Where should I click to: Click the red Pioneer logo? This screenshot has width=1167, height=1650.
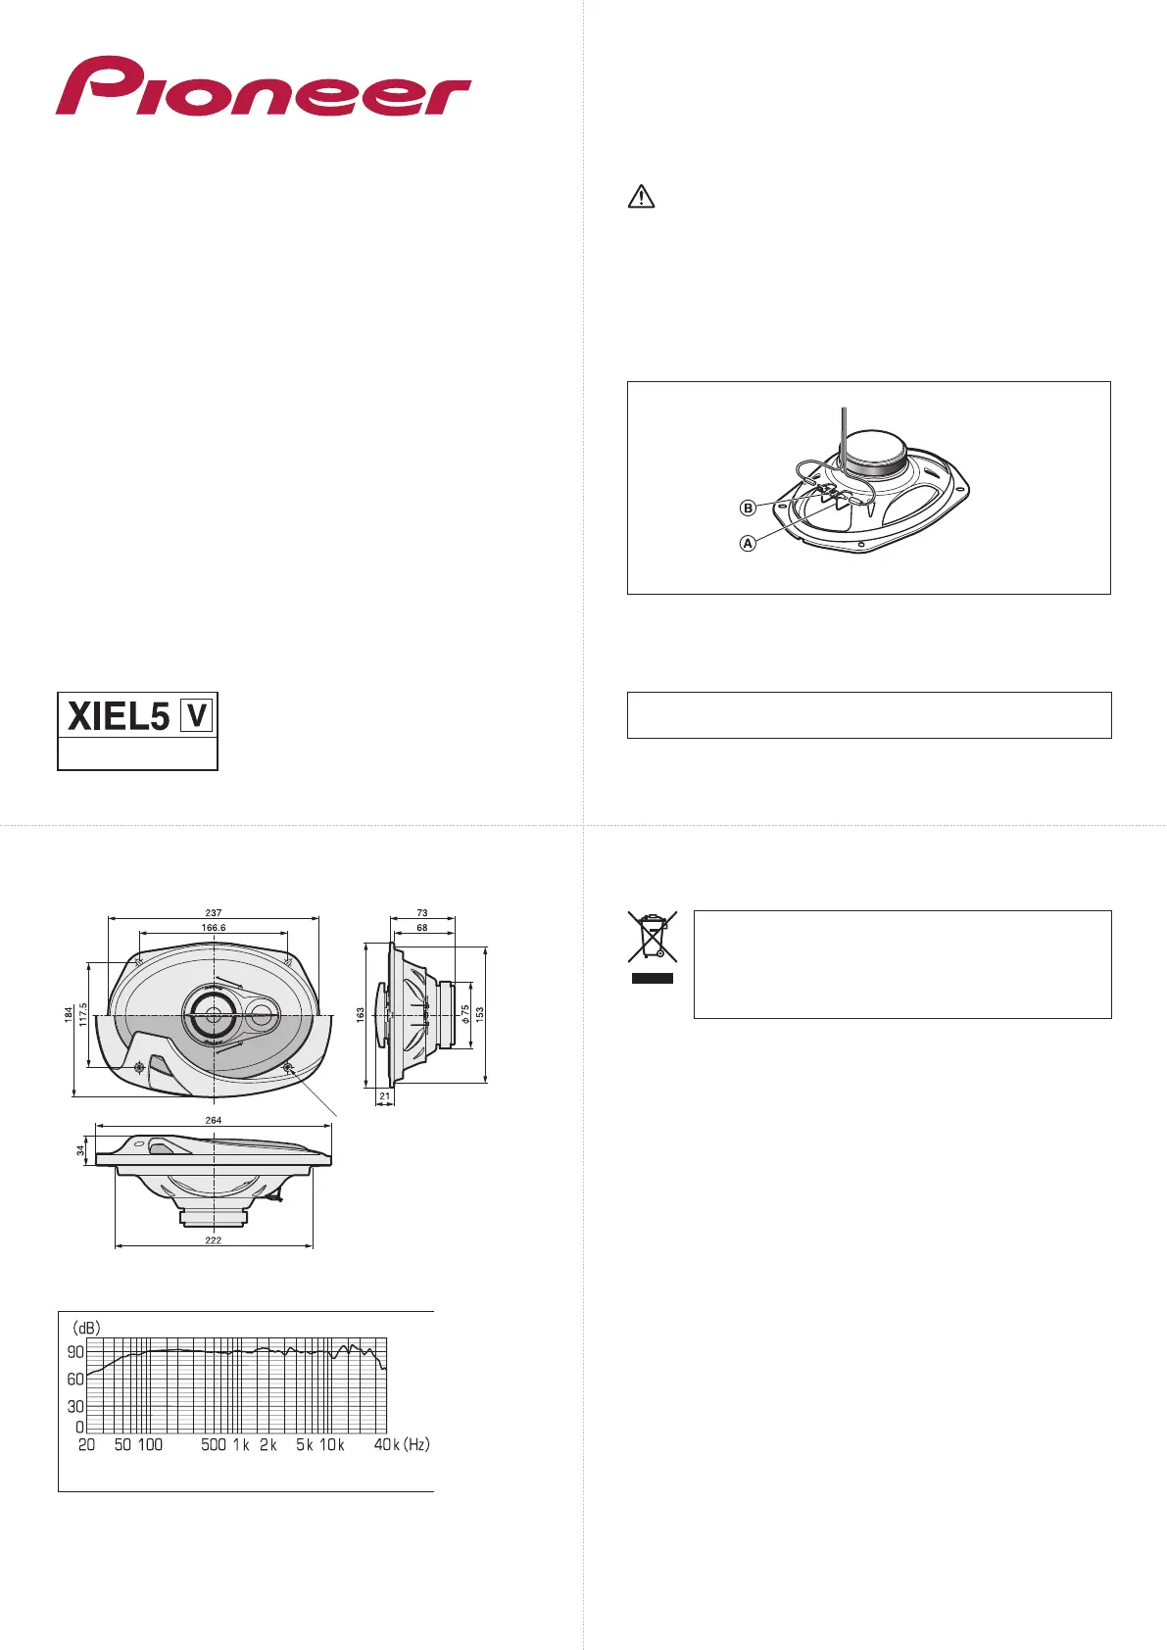pos(263,85)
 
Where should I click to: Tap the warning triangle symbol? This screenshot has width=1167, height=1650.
pos(641,197)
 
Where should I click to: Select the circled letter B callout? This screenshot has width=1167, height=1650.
pos(748,508)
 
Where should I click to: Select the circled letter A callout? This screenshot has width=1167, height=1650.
pos(748,544)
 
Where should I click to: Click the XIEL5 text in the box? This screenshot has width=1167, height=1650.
pos(119,716)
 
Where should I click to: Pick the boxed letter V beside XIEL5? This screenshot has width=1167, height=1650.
pos(197,715)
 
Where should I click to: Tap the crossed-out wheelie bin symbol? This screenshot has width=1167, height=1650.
pos(652,937)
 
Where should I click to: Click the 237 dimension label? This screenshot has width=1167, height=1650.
pos(213,912)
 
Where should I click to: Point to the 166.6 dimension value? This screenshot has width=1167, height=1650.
pos(214,927)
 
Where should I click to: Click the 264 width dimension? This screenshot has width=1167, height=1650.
pos(213,1120)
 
